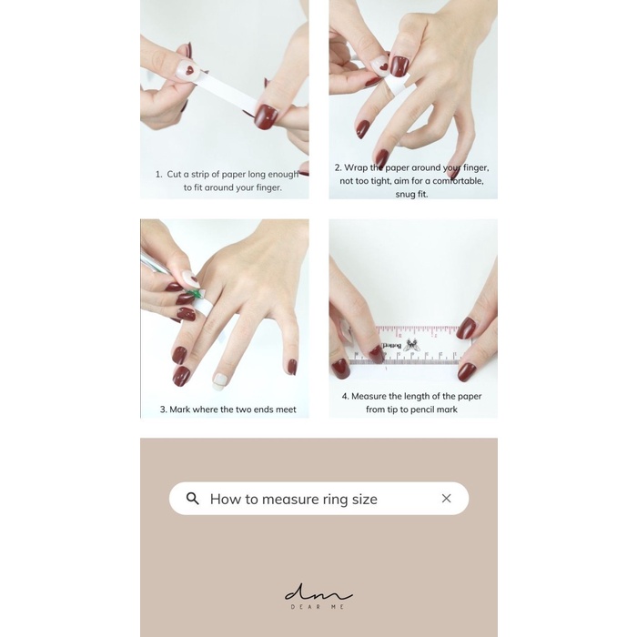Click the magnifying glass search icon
193,499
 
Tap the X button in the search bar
446,498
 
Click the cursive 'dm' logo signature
318,592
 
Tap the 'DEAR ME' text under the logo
318,607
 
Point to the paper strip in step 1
227,92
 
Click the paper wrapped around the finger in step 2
396,85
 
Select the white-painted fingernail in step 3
220,381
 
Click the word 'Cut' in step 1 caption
174,175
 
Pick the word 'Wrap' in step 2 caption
356,167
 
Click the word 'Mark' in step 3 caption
180,409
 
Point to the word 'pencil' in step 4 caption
427,409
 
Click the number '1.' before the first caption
159,175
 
